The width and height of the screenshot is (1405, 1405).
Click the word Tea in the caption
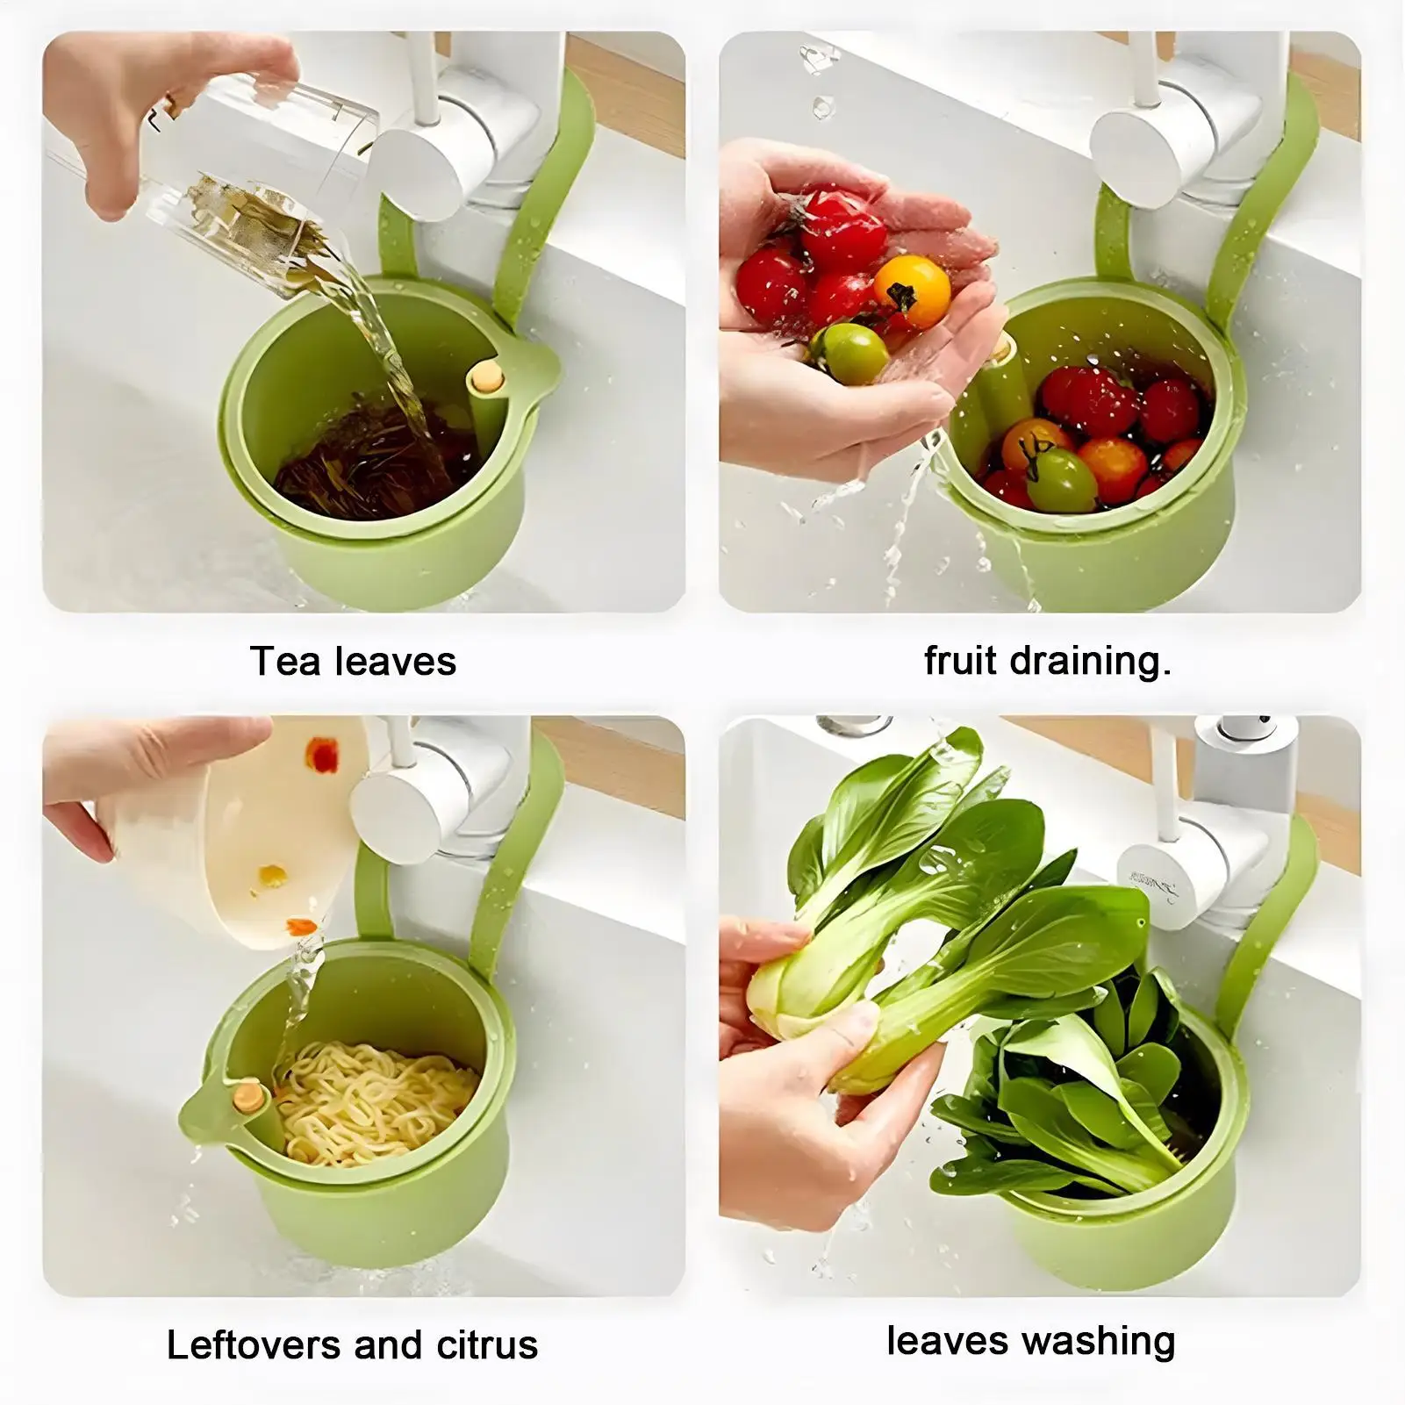click(x=284, y=662)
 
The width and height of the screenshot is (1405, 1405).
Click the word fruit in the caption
click(x=960, y=661)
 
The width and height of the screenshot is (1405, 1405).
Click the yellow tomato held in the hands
click(x=912, y=291)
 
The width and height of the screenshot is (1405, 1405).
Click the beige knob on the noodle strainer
click(x=247, y=1097)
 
